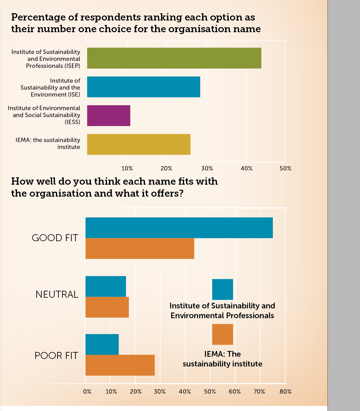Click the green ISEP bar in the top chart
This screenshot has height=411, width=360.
174,58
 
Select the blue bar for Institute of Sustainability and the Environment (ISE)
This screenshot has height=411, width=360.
143,87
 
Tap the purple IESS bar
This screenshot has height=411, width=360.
108,116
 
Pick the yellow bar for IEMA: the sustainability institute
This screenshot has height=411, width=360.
139,144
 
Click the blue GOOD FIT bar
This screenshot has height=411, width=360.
179,228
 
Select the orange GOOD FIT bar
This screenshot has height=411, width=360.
140,248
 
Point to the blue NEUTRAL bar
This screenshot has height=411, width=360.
105,286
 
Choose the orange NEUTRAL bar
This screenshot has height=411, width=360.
107,307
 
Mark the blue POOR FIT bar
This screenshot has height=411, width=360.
102,344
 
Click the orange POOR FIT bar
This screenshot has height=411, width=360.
120,365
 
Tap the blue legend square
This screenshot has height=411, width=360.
222,289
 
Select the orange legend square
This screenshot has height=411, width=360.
222,334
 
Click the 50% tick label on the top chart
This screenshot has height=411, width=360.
285,169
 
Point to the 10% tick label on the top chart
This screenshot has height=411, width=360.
127,169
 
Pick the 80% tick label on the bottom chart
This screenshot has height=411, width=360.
285,392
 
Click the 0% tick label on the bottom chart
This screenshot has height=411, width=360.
87,392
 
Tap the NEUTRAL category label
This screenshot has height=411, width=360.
57,295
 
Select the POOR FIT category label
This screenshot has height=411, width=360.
56,356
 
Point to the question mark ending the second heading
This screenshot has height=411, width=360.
181,193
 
